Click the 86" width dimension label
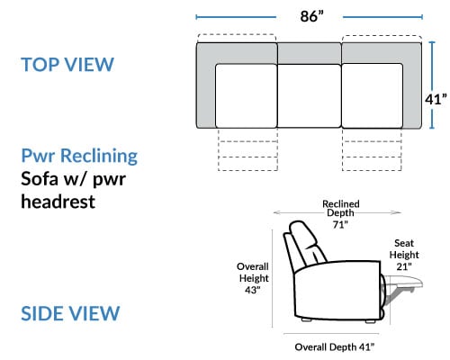click(312, 16)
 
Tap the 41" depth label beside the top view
click(436, 99)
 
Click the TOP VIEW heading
click(67, 64)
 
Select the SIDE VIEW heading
click(70, 313)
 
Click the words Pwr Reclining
click(79, 157)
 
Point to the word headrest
click(58, 202)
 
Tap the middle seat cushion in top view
click(310, 95)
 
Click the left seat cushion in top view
click(246, 95)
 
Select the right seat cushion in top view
click(372, 95)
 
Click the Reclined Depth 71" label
click(340, 214)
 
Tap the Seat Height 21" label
click(404, 255)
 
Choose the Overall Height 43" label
click(253, 278)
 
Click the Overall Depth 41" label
click(335, 347)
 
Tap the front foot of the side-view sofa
click(371, 321)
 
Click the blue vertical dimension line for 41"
click(432, 85)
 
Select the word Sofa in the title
click(40, 179)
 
